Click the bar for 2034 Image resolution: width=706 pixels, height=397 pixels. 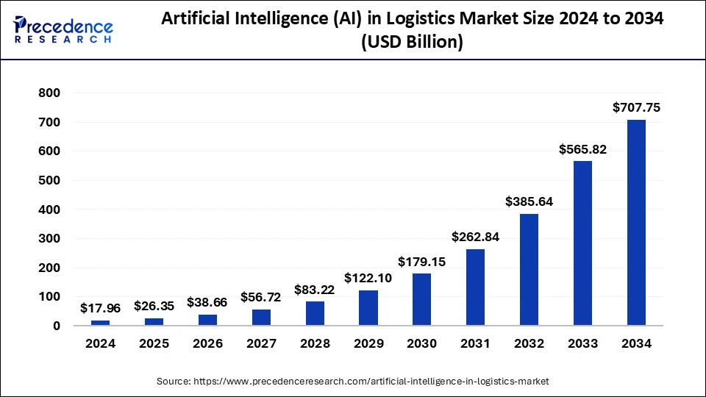click(636, 222)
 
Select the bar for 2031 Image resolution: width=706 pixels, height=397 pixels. click(475, 287)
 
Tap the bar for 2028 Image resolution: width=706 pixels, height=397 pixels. click(315, 313)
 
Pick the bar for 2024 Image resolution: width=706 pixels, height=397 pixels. click(100, 323)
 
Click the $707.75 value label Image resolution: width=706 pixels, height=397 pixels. click(636, 107)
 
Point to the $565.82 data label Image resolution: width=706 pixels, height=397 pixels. click(582, 149)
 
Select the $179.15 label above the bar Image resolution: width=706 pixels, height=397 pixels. click(421, 261)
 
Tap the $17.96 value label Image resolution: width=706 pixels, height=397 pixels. click(100, 309)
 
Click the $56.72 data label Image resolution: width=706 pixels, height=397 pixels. click(261, 297)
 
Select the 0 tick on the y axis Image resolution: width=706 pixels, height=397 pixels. click(56, 326)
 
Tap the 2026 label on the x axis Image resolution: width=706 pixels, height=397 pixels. click(207, 343)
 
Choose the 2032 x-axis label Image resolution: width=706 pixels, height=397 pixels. click(529, 343)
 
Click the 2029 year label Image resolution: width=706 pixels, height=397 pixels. click(368, 343)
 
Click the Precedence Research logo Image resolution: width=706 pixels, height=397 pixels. click(63, 29)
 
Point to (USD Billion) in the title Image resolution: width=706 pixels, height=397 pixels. click(411, 43)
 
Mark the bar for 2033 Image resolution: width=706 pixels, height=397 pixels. click(582, 243)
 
